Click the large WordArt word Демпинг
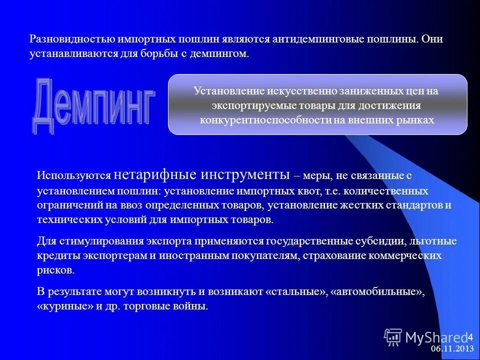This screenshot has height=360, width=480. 93,104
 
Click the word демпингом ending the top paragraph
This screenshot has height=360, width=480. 223,52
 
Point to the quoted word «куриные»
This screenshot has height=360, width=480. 65,306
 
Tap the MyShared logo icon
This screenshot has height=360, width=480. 392,337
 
